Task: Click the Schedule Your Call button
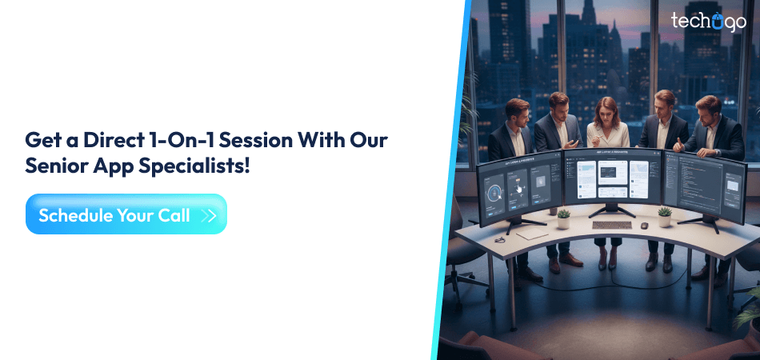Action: pos(126,214)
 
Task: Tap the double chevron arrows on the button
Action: pos(210,215)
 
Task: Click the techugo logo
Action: pos(707,22)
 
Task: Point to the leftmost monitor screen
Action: pos(520,186)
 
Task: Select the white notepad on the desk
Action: pos(530,234)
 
